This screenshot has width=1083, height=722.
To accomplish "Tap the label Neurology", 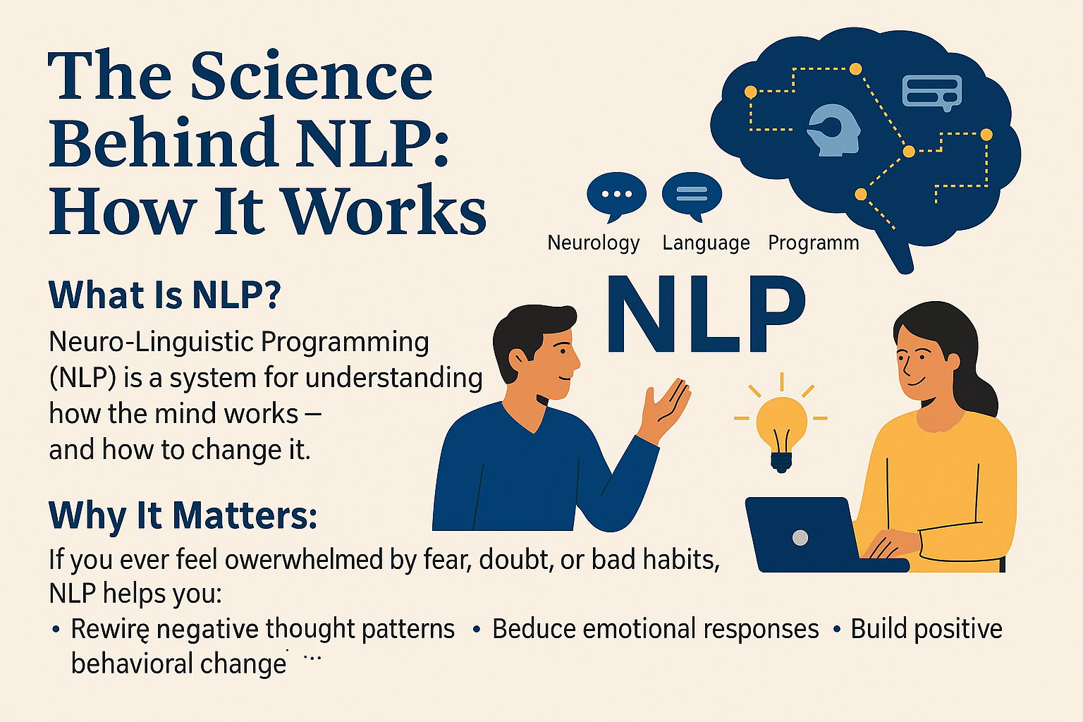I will (x=593, y=243).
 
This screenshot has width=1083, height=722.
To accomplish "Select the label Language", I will (x=706, y=243).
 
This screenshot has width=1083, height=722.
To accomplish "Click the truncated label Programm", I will (x=813, y=243).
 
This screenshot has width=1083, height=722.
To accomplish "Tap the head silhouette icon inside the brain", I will (x=835, y=130).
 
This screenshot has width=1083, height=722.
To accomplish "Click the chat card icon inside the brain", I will (x=931, y=92).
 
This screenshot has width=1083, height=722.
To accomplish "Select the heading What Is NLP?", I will (x=164, y=295).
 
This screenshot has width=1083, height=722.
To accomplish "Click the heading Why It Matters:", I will (x=183, y=515).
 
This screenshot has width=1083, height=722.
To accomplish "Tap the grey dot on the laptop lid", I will (x=800, y=538).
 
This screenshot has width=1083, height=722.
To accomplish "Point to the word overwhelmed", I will (x=303, y=560).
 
